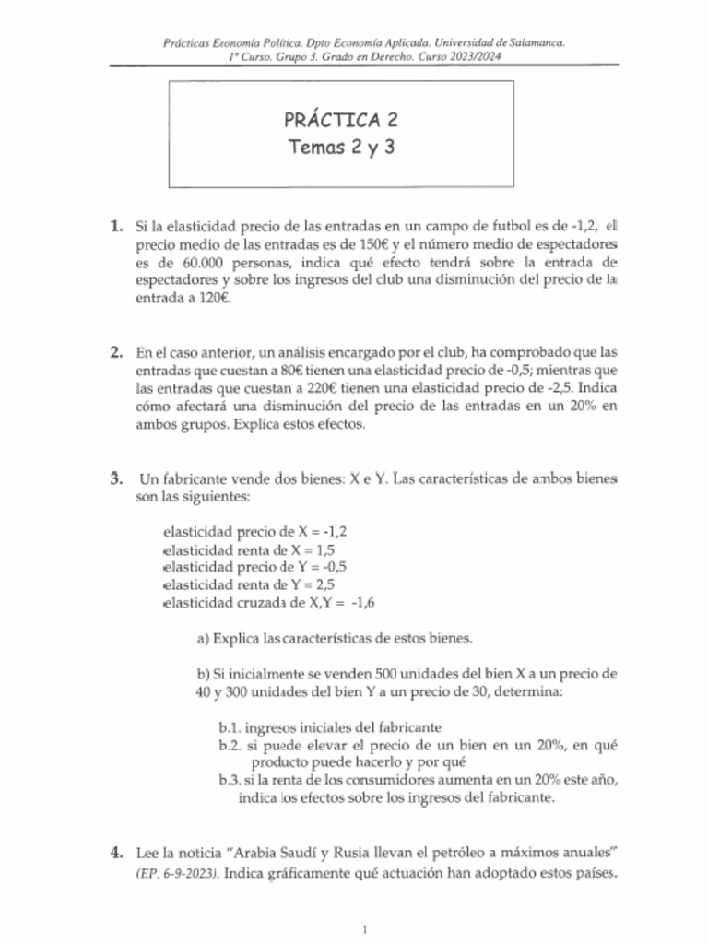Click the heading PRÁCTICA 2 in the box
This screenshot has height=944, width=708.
[x=341, y=120]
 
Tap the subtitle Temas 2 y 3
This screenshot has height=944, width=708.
[x=341, y=147]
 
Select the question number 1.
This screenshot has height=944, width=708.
[x=116, y=225]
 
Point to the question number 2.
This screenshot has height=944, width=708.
[x=116, y=352]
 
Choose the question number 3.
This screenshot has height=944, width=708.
[x=116, y=479]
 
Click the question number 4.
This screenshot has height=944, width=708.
[x=116, y=848]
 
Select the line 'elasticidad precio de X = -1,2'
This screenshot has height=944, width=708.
[x=255, y=532]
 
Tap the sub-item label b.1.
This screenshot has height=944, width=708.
[x=231, y=726]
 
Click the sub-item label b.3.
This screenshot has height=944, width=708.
[x=231, y=780]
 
